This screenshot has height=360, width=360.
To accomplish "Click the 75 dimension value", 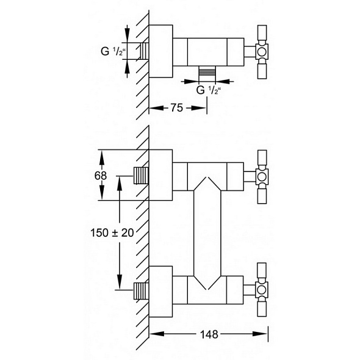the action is coord(176,107).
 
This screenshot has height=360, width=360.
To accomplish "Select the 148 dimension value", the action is coord(209,334).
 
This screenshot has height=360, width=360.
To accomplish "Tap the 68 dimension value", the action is coord(101,176).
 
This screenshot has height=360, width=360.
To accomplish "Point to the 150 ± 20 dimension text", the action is coord(112,232).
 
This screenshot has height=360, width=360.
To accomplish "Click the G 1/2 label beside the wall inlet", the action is coord(113,51).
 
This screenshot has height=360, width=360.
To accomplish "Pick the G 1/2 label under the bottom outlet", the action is coord(209,90).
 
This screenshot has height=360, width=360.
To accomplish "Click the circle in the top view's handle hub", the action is coord(262,52).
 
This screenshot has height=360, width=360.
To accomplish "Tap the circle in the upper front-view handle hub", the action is coord(262,177).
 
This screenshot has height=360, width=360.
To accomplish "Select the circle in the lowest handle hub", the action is coord(262,290).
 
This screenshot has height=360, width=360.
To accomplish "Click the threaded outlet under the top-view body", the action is coord(207,71).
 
